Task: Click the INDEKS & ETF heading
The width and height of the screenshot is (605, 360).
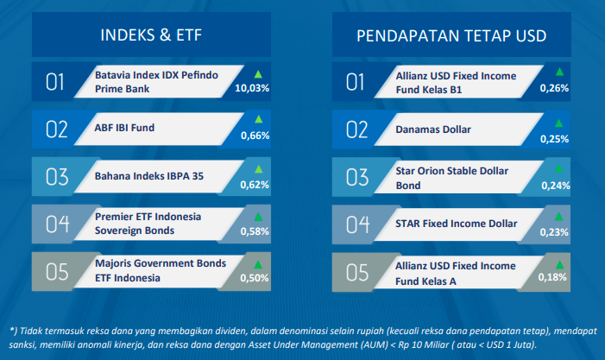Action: click(x=151, y=35)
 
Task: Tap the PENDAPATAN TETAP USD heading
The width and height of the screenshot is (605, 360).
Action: click(x=451, y=36)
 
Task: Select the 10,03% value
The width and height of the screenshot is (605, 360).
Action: click(x=252, y=88)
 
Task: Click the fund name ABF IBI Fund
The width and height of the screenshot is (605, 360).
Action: click(x=124, y=128)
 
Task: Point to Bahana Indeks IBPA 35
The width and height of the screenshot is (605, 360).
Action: click(x=149, y=176)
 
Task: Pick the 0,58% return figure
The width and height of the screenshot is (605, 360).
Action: click(x=255, y=231)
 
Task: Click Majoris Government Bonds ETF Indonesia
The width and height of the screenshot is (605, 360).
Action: click(x=161, y=270)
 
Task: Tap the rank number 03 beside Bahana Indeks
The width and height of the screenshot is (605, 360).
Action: click(x=57, y=177)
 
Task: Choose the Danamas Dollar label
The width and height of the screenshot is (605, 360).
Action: click(x=433, y=129)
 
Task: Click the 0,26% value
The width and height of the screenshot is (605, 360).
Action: click(x=554, y=88)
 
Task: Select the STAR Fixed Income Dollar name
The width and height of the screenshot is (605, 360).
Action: click(x=456, y=224)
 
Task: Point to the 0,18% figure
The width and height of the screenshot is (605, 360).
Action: click(x=552, y=277)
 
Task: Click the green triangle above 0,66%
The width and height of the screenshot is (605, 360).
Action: click(x=259, y=119)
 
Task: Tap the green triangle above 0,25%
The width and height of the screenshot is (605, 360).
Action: click(x=558, y=123)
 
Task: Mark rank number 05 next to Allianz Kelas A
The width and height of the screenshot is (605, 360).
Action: click(x=357, y=273)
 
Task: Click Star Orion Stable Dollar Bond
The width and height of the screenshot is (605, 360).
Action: click(x=452, y=178)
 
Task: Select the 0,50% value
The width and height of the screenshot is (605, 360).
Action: click(x=255, y=278)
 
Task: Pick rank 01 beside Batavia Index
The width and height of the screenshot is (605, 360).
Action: click(x=54, y=82)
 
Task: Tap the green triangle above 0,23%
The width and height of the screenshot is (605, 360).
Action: click(x=558, y=217)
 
